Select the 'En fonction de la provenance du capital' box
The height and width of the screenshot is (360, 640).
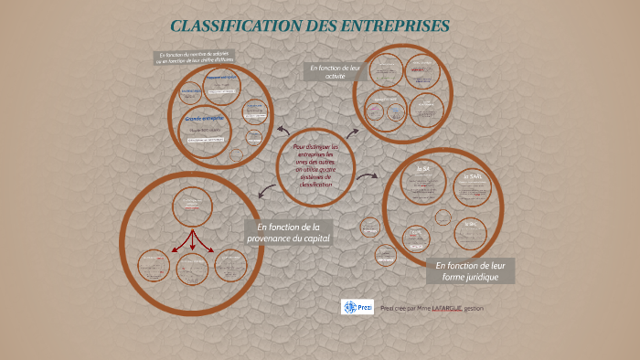pos(288,232)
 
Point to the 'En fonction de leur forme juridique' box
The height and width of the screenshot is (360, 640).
pos(470,270)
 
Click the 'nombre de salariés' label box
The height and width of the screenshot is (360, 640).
pos(195,58)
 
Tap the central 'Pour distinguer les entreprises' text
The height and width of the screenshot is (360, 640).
pos(315,165)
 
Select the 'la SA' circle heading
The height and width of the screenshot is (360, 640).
pos(423,169)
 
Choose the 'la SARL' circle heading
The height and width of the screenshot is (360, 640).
pos(472,177)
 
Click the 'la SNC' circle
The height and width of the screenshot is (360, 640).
pos(471,223)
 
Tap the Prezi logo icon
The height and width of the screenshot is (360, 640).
pos(357,307)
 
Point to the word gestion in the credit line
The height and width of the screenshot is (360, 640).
pos(474,309)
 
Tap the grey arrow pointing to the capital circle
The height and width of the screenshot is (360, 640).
pos(266,191)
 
